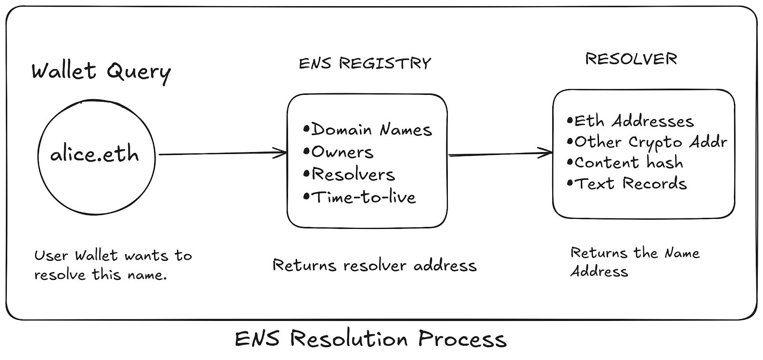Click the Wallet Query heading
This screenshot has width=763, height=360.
101,72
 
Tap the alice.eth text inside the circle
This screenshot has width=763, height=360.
95,154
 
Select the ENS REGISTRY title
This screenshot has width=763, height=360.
365,64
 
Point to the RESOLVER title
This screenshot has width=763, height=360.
631,59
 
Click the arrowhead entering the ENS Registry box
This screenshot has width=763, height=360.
281,153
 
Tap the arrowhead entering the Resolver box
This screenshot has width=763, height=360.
547,153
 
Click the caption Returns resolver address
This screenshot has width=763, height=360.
374,265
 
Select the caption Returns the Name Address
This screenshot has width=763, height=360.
634,262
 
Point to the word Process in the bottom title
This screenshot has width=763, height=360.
462,339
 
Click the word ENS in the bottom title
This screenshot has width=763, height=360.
258,339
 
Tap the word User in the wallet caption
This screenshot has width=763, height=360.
51,256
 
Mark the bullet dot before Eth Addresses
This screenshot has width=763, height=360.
569,121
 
